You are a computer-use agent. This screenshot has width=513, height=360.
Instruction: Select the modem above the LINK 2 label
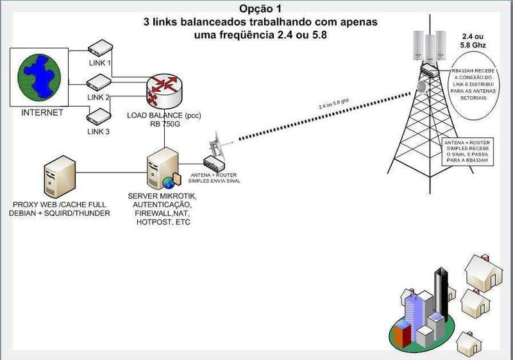click(99, 82)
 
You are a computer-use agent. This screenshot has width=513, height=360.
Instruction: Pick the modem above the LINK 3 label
click(99, 116)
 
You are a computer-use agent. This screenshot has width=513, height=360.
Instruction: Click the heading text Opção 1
click(260, 8)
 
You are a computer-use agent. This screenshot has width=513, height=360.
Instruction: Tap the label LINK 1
click(99, 63)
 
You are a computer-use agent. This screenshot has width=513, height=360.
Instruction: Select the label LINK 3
click(99, 132)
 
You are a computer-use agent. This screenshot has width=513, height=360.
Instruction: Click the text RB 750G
click(165, 125)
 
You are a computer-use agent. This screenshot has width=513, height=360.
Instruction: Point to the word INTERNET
click(42, 113)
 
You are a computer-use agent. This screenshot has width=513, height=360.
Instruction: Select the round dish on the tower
click(422, 86)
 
